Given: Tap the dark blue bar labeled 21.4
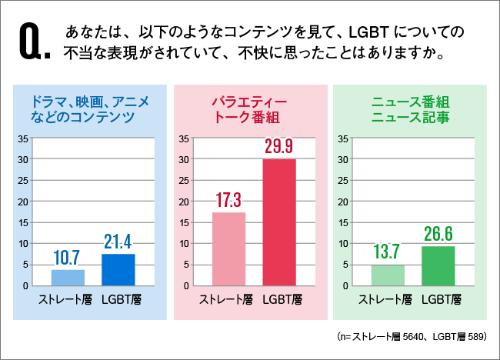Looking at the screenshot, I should tap(118, 269).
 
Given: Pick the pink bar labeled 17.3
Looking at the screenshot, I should tap(228, 248).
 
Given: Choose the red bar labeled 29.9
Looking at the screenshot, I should tap(279, 222).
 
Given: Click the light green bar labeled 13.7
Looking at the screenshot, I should tap(388, 275).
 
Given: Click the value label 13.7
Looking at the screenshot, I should tap(388, 252).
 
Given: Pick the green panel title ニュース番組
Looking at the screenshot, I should tap(410, 102).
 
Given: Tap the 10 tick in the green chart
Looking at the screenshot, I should tap(344, 244).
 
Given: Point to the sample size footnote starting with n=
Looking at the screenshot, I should tap(407, 337).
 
